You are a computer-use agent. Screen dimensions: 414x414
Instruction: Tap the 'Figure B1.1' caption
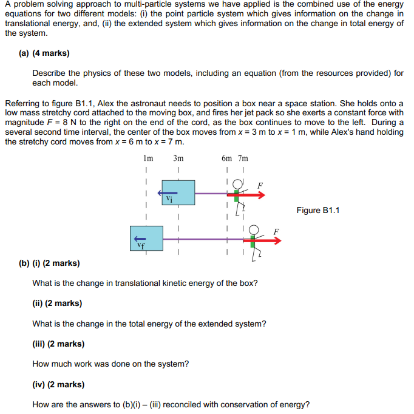pos(317,210)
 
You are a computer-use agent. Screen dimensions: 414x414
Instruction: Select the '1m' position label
pos(147,158)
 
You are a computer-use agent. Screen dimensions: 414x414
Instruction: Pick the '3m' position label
pos(178,158)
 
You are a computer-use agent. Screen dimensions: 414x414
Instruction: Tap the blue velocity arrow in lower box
pos(140,239)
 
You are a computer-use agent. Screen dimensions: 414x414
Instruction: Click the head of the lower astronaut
pos(254,229)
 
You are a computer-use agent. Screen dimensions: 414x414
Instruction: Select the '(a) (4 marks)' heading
pos(44,53)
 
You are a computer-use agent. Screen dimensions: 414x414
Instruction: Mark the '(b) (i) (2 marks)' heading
pos(49,263)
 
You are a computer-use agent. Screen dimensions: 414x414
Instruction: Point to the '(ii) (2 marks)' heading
pos(57,303)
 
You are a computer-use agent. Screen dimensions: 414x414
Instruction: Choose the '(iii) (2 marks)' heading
pos(58,344)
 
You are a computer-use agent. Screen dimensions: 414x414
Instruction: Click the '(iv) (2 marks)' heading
pos(58,384)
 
